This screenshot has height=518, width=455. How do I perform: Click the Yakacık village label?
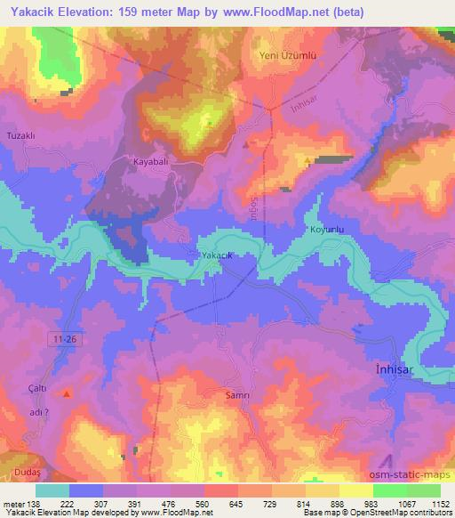218,255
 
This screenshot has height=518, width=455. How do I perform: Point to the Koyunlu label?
326,230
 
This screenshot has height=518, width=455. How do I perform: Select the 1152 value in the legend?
437,505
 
